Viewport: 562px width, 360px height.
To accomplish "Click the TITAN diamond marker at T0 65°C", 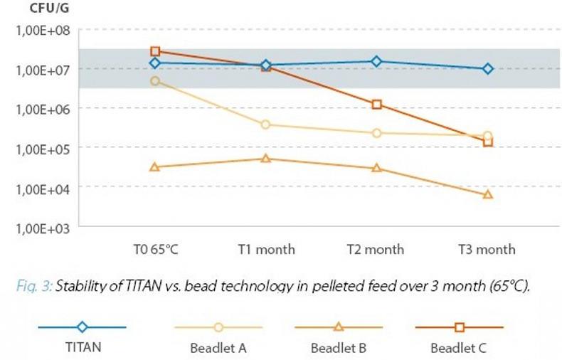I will (x=156, y=63).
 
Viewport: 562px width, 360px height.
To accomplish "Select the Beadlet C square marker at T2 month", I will (x=377, y=105).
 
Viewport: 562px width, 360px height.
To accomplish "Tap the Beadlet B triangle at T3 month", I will (x=488, y=194).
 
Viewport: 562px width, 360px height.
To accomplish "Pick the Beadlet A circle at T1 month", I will (x=266, y=125).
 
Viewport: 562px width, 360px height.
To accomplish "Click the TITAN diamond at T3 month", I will (x=488, y=69).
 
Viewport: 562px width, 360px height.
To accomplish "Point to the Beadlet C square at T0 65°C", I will (x=156, y=51).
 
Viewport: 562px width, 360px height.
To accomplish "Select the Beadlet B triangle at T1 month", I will (x=266, y=158).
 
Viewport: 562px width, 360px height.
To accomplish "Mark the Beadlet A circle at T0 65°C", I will (x=156, y=81).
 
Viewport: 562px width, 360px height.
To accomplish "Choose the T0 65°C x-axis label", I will (x=156, y=250).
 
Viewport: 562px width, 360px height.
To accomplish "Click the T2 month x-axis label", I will (x=376, y=250).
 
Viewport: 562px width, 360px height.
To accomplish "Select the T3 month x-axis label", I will (x=487, y=250).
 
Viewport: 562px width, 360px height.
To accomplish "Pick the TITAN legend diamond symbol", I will (x=83, y=327).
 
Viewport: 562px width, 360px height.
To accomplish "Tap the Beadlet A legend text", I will (x=219, y=349).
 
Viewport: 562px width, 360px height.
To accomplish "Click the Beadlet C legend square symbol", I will (x=460, y=327).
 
